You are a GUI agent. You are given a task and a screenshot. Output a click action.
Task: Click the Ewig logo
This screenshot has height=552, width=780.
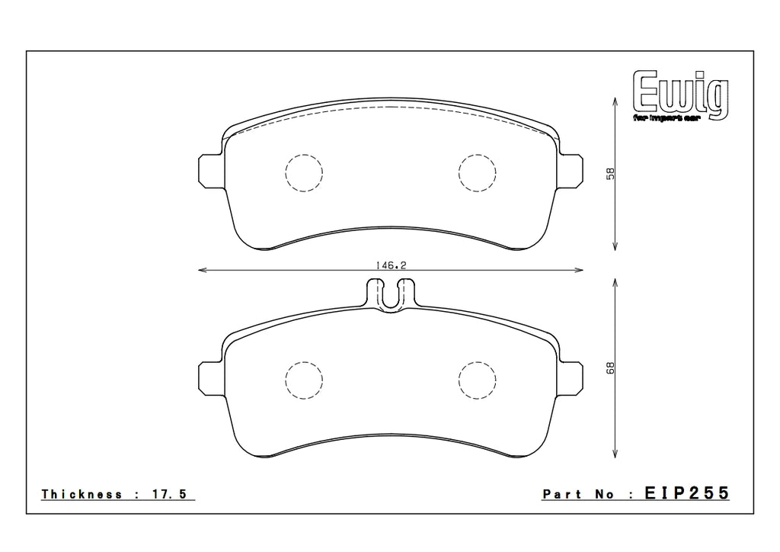pyautogui.click(x=681, y=96)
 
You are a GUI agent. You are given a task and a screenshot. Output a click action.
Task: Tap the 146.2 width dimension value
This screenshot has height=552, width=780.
pyautogui.click(x=388, y=265)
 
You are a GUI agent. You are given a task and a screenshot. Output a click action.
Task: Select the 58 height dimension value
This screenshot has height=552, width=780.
pyautogui.click(x=611, y=173)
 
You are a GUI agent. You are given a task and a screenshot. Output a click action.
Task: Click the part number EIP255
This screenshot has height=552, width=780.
pyautogui.click(x=687, y=494)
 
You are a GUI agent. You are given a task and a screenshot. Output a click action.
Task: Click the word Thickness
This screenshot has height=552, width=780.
pyautogui.click(x=82, y=495)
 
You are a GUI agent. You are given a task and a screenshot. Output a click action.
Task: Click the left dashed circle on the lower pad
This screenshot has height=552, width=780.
pyautogui.click(x=303, y=377)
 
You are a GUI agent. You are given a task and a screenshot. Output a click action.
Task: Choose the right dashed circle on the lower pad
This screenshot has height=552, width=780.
pyautogui.click(x=478, y=377)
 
